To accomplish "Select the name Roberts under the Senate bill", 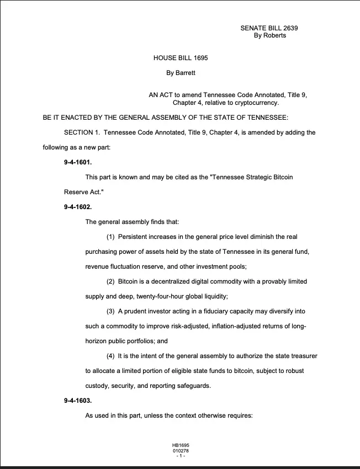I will (274, 36).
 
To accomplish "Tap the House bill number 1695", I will (198, 57).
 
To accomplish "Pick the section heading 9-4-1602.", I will (78, 207).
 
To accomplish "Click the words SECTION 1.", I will (82, 132).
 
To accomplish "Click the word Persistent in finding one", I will (133, 237).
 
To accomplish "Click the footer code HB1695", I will (181, 445).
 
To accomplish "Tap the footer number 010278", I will (181, 450).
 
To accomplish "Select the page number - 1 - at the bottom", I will (181, 456).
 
